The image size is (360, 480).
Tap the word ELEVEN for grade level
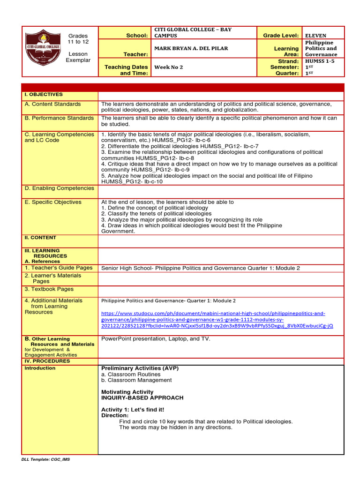coord(315,35)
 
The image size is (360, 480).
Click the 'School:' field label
coord(137,36)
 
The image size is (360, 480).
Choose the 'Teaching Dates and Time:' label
coord(126,70)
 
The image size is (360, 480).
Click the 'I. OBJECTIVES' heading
coord(44,95)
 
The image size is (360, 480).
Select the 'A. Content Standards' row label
coord(52,104)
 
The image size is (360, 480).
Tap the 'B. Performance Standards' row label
coord(59,118)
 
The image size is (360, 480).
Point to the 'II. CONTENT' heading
coord(40,238)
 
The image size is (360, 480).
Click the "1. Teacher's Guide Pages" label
coord(59,268)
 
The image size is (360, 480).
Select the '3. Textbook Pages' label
coord(49,289)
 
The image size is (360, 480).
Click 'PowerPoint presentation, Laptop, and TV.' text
coord(156,338)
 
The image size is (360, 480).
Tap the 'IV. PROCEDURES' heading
coord(47,361)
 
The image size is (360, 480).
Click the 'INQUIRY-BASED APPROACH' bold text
coord(142,397)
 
